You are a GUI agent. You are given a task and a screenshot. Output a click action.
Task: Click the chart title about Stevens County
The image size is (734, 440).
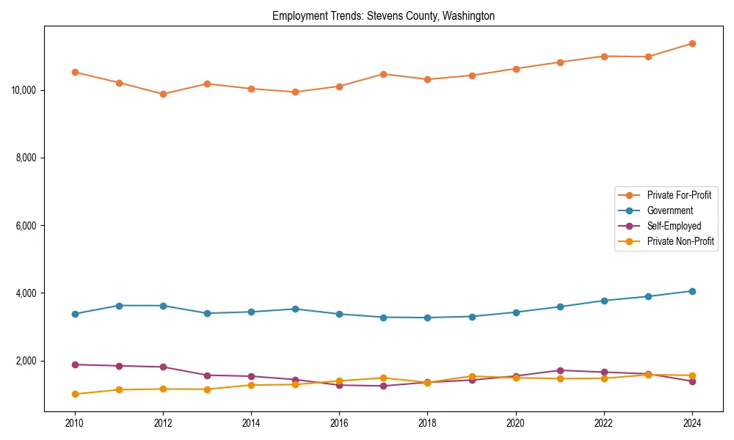click(383, 16)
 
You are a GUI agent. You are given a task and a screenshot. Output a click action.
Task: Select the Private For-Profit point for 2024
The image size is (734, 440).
click(692, 44)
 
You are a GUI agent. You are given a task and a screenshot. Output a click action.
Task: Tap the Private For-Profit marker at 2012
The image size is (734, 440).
click(163, 95)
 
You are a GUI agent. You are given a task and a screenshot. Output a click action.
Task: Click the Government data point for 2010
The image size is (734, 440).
click(75, 314)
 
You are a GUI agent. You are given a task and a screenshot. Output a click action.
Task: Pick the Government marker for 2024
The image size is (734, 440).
click(692, 291)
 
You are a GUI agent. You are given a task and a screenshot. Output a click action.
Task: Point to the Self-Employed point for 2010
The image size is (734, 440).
click(75, 364)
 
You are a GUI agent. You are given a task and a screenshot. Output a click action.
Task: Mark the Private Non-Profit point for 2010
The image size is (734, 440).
click(75, 394)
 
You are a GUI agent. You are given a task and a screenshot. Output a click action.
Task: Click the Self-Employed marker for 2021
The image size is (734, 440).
click(560, 370)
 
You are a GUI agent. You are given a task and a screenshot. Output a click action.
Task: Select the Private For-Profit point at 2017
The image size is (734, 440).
click(383, 74)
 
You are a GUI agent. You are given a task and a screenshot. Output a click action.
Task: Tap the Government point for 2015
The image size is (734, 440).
click(295, 309)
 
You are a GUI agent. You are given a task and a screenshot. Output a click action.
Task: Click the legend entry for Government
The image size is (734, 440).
click(669, 210)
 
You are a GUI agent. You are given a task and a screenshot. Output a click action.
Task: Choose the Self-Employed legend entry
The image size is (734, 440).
click(674, 226)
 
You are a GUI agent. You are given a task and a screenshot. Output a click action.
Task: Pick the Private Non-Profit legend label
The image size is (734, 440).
click(680, 241)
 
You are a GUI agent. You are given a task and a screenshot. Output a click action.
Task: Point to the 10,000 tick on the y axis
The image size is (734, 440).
click(25, 90)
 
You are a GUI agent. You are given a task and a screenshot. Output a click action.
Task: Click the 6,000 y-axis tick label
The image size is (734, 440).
click(27, 226)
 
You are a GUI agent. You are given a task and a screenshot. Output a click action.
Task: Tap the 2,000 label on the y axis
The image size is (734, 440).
click(27, 361)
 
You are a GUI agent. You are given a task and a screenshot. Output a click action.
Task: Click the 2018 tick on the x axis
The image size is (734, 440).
click(427, 423)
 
